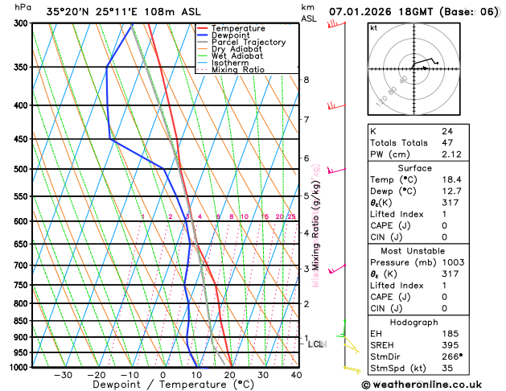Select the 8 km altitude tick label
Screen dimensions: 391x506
click(306, 80)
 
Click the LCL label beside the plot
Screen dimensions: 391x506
click(316, 344)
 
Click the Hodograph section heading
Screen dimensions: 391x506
click(414, 322)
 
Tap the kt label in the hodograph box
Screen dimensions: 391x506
click(373, 27)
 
